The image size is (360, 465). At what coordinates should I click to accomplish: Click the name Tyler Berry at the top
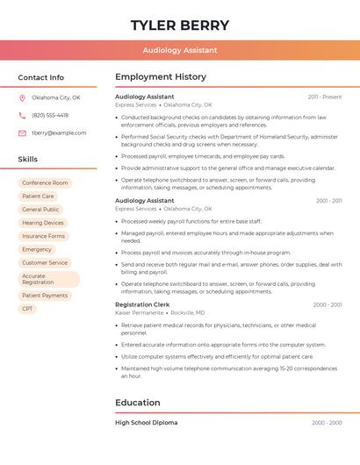tap(179, 25)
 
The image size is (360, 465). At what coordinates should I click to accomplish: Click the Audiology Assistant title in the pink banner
tap(179, 50)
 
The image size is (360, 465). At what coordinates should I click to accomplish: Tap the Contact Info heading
tap(40, 77)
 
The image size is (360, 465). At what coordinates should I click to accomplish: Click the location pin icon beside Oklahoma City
tap(22, 97)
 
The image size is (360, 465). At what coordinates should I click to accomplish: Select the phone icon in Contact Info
tap(22, 115)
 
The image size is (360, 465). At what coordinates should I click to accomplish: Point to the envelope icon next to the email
tap(22, 132)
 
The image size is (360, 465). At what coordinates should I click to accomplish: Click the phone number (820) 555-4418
tap(50, 115)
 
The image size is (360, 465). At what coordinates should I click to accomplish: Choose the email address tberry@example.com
tap(59, 132)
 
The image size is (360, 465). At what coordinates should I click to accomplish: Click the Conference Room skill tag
tap(45, 183)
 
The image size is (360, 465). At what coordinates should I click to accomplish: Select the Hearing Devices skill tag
tap(43, 223)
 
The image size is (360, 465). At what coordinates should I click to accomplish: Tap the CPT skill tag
tap(27, 309)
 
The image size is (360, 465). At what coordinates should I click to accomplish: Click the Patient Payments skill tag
tap(45, 296)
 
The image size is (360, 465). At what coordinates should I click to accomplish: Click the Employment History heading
tap(161, 77)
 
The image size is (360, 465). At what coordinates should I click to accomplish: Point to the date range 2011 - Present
tap(325, 97)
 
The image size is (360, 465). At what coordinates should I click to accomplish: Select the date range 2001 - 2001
tap(328, 201)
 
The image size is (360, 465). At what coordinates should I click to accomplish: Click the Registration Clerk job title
tap(141, 304)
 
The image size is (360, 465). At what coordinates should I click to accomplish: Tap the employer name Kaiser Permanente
tap(139, 312)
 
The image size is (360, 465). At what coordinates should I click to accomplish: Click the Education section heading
tap(138, 403)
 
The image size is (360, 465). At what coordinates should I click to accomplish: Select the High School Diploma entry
tap(146, 423)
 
